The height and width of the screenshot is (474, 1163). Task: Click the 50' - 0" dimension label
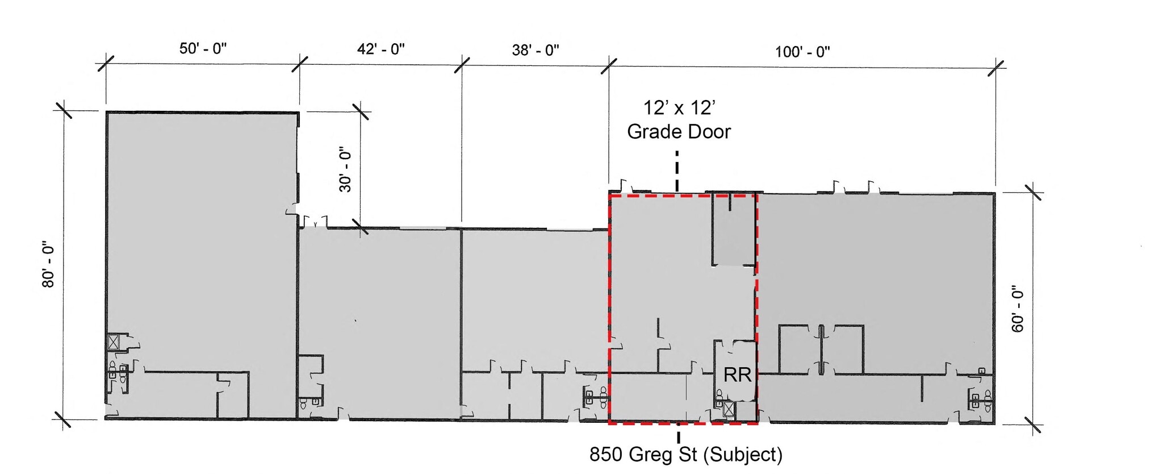pyautogui.click(x=203, y=48)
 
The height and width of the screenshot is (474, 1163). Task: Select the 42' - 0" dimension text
pyautogui.click(x=380, y=49)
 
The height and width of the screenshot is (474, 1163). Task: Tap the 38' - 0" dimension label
pyautogui.click(x=536, y=50)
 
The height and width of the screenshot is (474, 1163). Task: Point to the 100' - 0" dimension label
pyautogui.click(x=802, y=52)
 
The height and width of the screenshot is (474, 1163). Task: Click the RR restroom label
pyautogui.click(x=737, y=375)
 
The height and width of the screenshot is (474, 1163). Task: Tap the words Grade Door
pyautogui.click(x=679, y=132)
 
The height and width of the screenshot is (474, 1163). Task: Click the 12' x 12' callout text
pyautogui.click(x=679, y=107)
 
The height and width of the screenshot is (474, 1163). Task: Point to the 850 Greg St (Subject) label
pyautogui.click(x=686, y=455)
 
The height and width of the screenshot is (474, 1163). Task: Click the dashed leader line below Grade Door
pyautogui.click(x=677, y=171)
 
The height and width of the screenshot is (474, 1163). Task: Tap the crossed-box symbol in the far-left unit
pyautogui.click(x=114, y=342)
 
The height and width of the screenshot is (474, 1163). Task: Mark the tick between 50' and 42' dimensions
pyautogui.click(x=300, y=64)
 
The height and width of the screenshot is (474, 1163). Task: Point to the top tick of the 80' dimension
pyautogui.click(x=63, y=110)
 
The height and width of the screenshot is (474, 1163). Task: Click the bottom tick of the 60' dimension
pyautogui.click(x=1032, y=425)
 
